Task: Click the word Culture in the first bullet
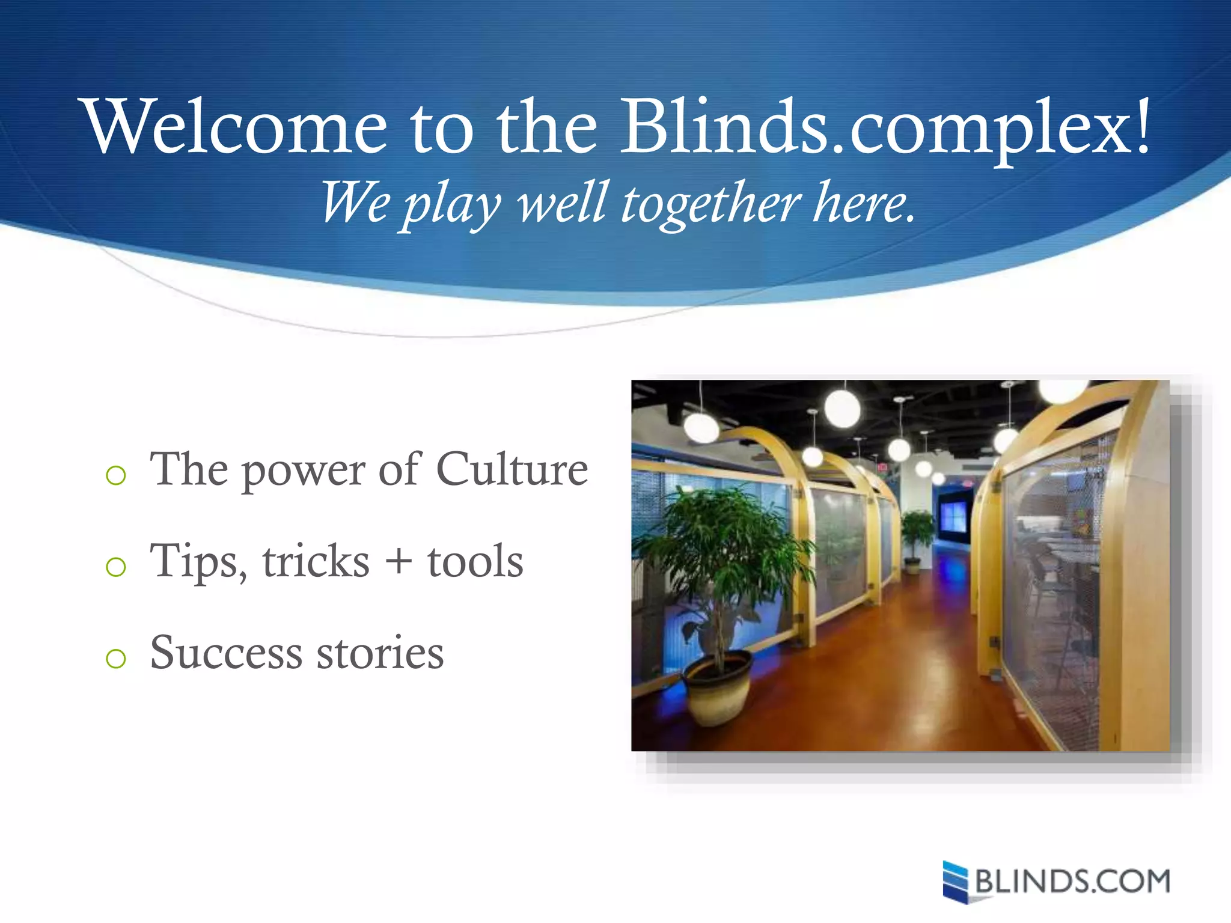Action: pos(512,469)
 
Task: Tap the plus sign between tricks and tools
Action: pos(398,562)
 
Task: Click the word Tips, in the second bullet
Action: pos(198,562)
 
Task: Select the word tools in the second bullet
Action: pos(475,562)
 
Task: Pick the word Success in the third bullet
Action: pos(226,653)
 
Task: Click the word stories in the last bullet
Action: pos(380,653)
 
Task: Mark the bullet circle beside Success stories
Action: pos(115,659)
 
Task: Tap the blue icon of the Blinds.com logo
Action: pos(955,882)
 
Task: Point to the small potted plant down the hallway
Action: pos(916,538)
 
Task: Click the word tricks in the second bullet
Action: pos(316,562)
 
